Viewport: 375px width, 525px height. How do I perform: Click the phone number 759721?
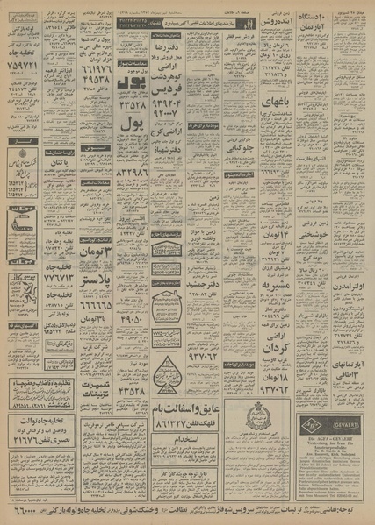(x=22, y=65)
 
